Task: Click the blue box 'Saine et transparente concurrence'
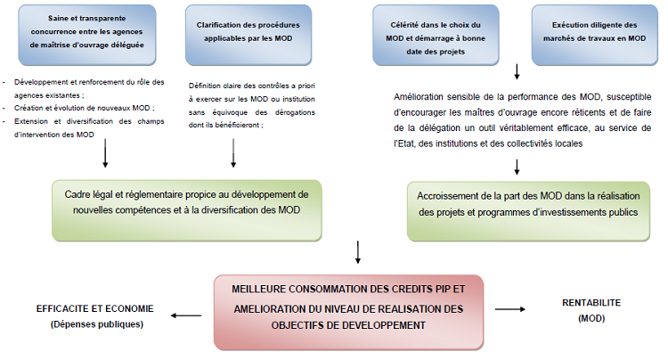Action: click(x=87, y=35)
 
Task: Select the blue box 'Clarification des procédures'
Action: click(x=248, y=35)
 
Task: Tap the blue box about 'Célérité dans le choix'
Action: click(x=436, y=35)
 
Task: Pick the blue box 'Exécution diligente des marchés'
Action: click(x=594, y=35)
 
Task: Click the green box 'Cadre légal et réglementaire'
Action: click(x=187, y=210)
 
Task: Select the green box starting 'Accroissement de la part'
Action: click(x=528, y=211)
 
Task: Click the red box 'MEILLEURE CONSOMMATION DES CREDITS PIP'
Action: click(x=348, y=312)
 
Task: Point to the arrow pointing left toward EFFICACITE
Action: click(x=186, y=315)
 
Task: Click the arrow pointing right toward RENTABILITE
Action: click(x=510, y=309)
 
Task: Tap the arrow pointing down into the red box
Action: click(x=358, y=252)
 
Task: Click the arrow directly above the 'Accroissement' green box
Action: click(x=517, y=167)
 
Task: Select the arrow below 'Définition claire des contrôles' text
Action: click(x=233, y=153)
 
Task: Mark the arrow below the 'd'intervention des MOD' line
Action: click(x=105, y=153)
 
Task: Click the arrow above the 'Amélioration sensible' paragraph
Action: click(x=517, y=71)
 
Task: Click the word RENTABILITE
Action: click(x=591, y=303)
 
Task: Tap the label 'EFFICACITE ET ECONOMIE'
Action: click(x=95, y=309)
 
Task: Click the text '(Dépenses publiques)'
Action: click(x=97, y=324)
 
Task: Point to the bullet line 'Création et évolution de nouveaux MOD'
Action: click(x=85, y=108)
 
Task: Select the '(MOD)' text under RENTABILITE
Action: click(x=591, y=318)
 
